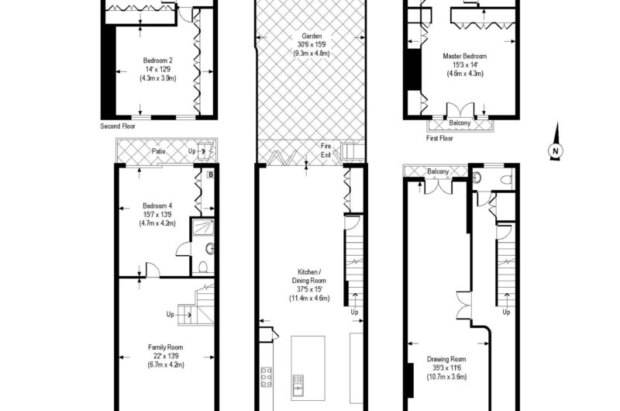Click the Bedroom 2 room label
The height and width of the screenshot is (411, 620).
coord(158,60)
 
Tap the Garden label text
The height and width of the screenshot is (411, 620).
coord(312,36)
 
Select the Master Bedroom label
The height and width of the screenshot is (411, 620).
coord(464,56)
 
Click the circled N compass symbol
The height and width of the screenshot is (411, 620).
coord(556,150)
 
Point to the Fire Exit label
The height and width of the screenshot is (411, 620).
coord(325,150)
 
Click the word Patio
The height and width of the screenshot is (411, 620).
coord(159,151)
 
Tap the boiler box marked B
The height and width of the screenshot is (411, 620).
coord(211,174)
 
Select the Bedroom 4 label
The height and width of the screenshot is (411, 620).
coord(157,205)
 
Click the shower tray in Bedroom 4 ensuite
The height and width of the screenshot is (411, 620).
coord(203,227)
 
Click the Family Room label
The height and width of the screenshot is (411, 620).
coord(166,347)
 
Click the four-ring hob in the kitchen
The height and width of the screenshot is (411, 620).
coord(266,377)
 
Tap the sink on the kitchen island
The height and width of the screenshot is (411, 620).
coord(298,385)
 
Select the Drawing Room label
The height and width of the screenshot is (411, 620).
coord(446,359)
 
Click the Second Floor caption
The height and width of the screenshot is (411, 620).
coord(118,126)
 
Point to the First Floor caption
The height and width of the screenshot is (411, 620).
coord(439,138)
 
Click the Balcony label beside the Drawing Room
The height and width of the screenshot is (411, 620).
coord(438,171)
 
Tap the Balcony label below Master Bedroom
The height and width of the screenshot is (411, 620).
coord(460,123)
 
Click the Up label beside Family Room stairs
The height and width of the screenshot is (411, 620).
coord(170,315)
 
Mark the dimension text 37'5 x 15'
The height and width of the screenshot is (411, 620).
coord(309,289)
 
